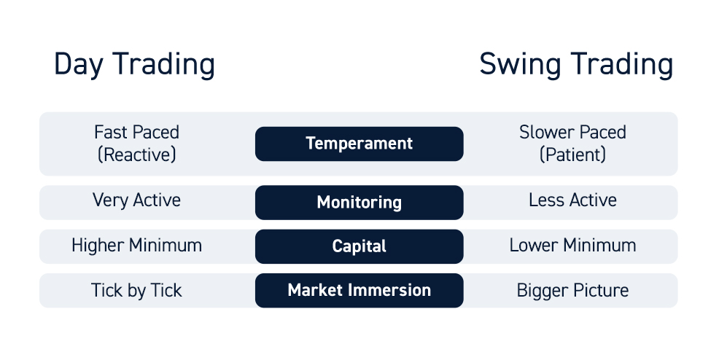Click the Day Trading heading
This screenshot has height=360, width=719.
coord(134,65)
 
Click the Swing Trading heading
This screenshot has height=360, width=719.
coord(576,65)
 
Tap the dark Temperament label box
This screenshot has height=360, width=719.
coord(359,144)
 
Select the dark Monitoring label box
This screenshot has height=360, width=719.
coord(359,203)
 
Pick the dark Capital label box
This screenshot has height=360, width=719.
coord(359,246)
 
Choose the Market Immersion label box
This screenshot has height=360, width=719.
coord(359,290)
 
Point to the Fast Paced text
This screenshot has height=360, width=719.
coord(136,133)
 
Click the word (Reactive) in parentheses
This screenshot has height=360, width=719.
coord(136,154)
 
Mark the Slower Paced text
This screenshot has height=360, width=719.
coord(572,133)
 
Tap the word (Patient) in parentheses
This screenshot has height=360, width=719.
coord(572,154)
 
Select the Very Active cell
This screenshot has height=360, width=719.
coord(136,200)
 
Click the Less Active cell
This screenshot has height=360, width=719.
coord(572,200)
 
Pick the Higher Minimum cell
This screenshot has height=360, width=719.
coord(136,246)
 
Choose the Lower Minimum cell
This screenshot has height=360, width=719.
coord(572,246)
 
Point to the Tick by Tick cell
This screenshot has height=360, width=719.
coord(136,290)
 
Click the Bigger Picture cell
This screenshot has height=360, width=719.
coord(572,291)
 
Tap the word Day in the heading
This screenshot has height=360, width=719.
coord(79,66)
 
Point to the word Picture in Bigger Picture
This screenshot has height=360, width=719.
coord(599,290)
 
